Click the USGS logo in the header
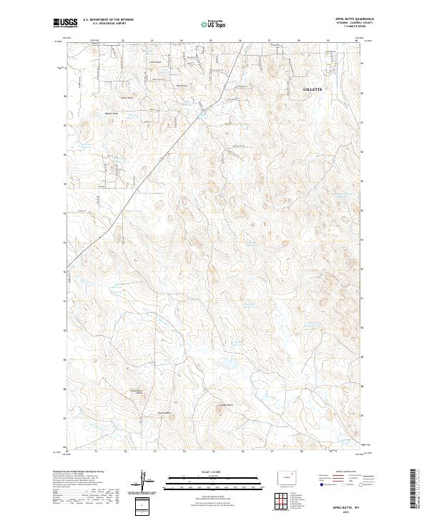click(x=66, y=23)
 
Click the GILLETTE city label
click(x=313, y=89)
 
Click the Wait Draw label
click(x=181, y=86)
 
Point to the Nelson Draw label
click(x=112, y=113)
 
